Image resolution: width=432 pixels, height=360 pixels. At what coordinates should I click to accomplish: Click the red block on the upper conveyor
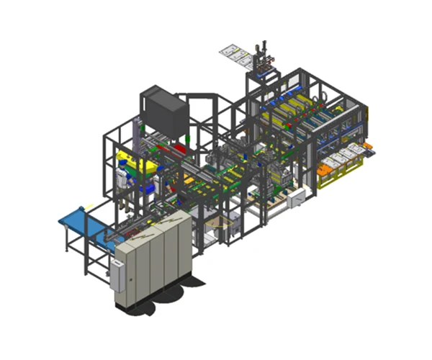point(177,149)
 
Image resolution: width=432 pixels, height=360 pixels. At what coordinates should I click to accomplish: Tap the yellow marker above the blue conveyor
point(89,208)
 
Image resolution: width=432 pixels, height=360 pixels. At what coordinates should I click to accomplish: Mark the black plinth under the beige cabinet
point(155,295)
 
